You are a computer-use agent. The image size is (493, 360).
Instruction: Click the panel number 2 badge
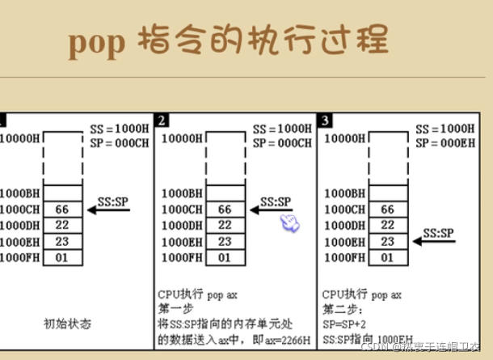pos(162,121)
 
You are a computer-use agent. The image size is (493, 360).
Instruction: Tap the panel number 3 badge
pos(325,121)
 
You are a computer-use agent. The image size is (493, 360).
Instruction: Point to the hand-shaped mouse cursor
pos(289,221)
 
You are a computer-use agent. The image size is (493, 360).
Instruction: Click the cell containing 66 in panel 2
pos(225,210)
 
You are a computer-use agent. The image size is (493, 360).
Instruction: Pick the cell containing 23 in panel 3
pos(388,241)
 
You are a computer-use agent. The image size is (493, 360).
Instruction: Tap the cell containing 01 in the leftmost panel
pos(62,257)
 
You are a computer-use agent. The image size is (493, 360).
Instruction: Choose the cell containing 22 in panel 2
pos(225,225)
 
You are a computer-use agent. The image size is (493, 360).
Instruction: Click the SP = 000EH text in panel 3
pos(445,143)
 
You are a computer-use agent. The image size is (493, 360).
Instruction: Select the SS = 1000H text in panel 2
pos(281,129)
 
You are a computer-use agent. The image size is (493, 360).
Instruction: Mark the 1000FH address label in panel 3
pos(344,257)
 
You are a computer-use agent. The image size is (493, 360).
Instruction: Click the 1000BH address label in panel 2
pos(182,194)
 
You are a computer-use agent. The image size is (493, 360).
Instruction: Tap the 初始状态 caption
pos(68,324)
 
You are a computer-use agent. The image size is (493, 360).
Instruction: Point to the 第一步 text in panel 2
pos(175,308)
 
